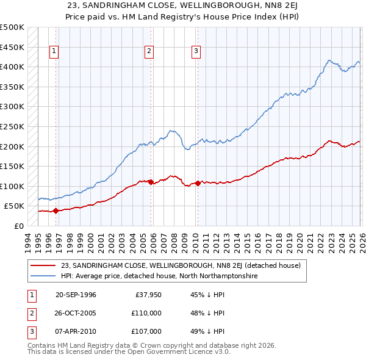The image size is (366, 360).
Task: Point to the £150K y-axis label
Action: coord(12,166)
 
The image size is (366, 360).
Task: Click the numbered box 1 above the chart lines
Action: coord(54,52)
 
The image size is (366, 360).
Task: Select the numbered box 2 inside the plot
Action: coord(149,52)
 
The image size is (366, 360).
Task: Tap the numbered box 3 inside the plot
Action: coord(196,52)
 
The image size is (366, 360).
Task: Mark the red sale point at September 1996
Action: coord(56,211)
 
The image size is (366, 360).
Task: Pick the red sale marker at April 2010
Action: coord(198,183)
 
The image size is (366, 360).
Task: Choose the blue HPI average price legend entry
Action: coord(159,276)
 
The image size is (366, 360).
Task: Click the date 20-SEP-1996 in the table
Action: coord(76,295)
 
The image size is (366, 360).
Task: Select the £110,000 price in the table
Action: coord(146,313)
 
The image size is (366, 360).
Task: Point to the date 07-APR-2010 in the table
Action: coord(76,331)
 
